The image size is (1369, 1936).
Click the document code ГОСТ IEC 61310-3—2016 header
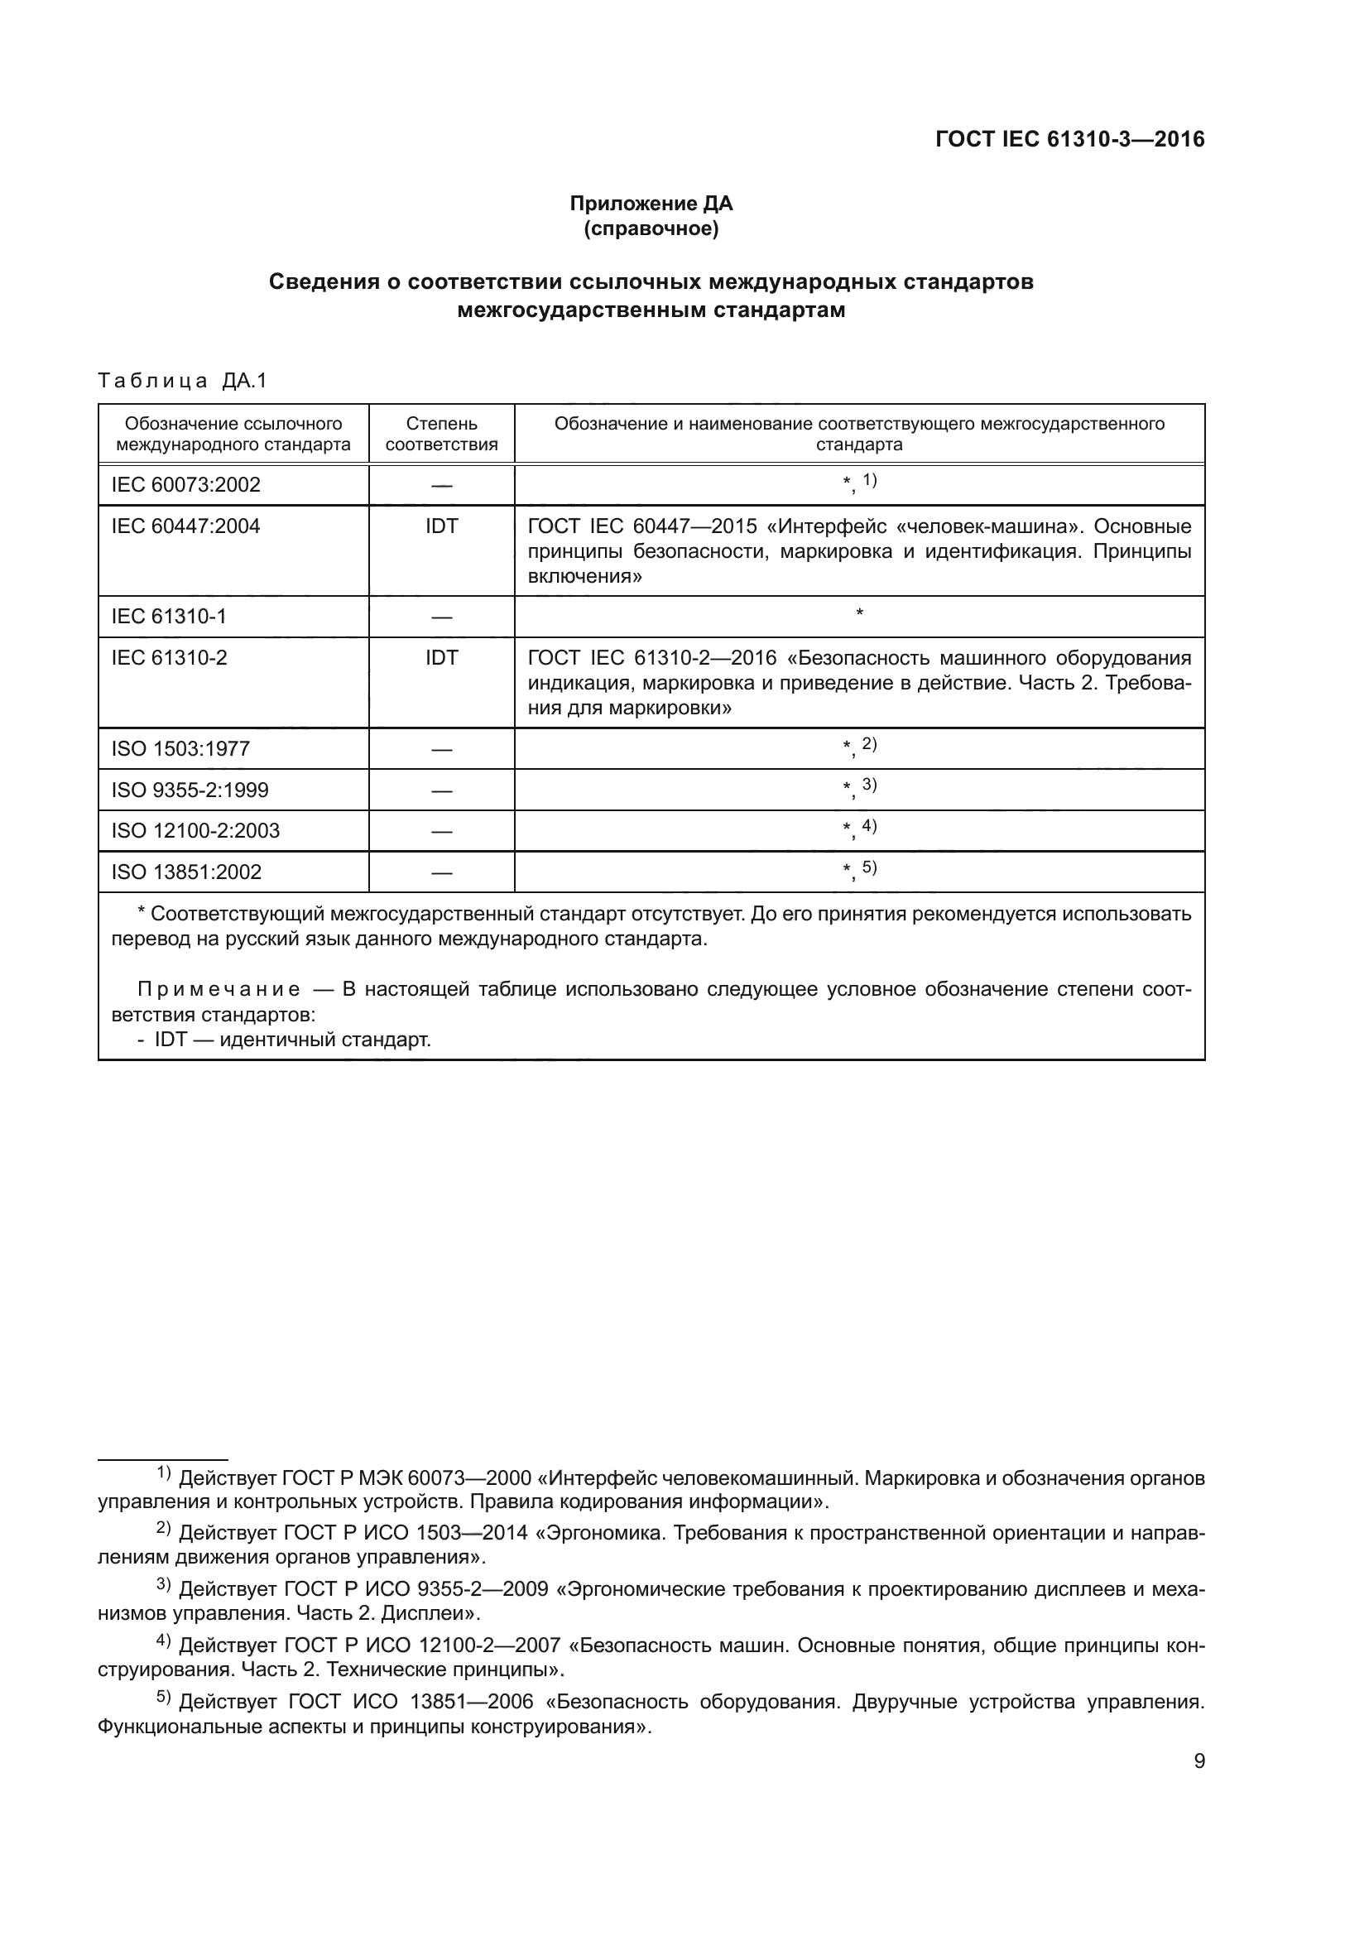pyautogui.click(x=1069, y=139)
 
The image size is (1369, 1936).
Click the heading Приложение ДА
pyautogui.click(x=651, y=204)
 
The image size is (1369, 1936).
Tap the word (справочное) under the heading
pyautogui.click(x=651, y=228)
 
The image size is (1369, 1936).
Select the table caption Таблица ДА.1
pyautogui.click(x=182, y=381)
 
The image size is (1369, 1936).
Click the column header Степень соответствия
pyautogui.click(x=441, y=434)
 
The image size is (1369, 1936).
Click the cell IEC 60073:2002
pyautogui.click(x=185, y=485)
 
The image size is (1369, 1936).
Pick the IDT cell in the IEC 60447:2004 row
pyautogui.click(x=441, y=527)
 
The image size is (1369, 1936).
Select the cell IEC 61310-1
pyautogui.click(x=169, y=617)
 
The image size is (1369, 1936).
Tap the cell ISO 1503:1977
pyautogui.click(x=180, y=749)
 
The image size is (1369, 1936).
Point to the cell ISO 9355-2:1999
pyautogui.click(x=190, y=790)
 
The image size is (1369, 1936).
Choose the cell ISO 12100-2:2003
pyautogui.click(x=195, y=830)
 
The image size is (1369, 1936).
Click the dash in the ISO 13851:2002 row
pyautogui.click(x=441, y=872)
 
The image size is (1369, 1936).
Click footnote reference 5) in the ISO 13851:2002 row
pyautogui.click(x=869, y=867)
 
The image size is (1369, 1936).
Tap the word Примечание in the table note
pyautogui.click(x=219, y=989)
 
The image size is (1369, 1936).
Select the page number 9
pyautogui.click(x=1198, y=1761)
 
